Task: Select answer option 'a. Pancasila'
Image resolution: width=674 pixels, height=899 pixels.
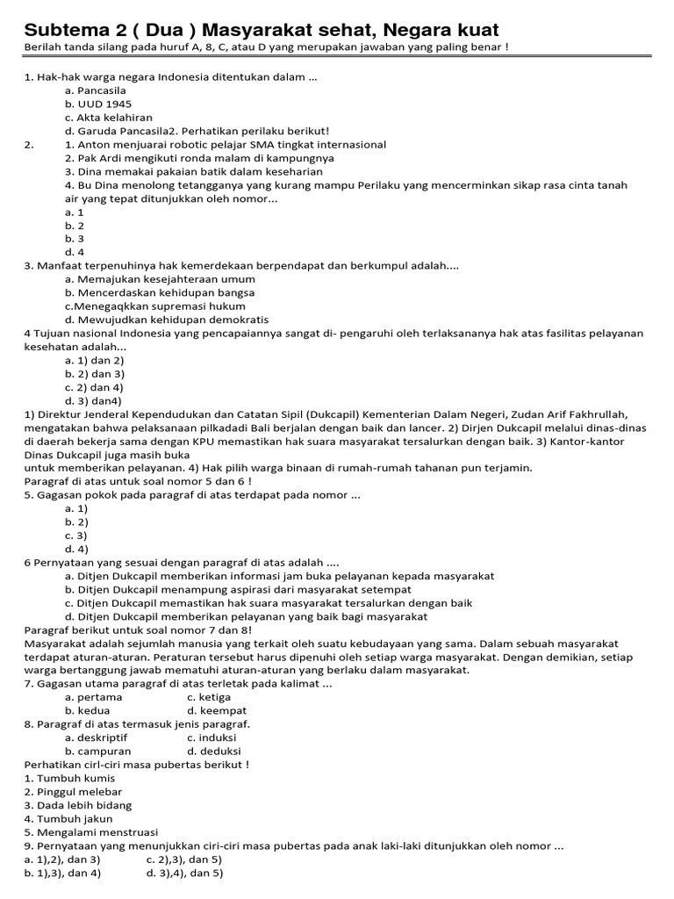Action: click(96, 90)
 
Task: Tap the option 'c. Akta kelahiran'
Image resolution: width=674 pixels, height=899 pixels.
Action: click(108, 117)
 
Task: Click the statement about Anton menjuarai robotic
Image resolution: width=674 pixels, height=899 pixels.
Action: click(226, 144)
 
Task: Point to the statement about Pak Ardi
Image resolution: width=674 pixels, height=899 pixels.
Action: click(199, 158)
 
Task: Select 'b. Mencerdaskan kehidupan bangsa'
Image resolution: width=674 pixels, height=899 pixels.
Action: click(160, 292)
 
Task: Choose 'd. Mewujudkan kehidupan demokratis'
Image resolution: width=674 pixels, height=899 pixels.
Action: click(167, 320)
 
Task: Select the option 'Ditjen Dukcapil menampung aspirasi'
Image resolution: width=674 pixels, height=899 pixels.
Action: click(238, 589)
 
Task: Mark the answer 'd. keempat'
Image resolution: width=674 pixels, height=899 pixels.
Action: click(217, 710)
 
